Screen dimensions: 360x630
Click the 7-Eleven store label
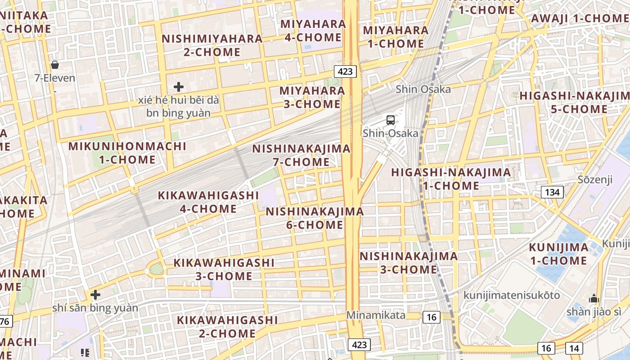[55, 78]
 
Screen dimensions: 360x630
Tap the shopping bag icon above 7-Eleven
[55, 65]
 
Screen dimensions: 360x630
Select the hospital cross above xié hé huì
[179, 86]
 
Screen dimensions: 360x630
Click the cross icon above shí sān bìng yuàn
[95, 295]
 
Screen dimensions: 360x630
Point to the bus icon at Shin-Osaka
[391, 120]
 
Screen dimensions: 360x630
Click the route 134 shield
[552, 193]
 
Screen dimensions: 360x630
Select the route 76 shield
[5, 322]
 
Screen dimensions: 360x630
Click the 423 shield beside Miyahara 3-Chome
[346, 71]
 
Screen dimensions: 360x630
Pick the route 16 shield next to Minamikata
[431, 317]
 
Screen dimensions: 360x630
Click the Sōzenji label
[595, 180]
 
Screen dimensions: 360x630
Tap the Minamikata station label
[376, 315]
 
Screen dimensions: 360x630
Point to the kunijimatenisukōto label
[512, 295]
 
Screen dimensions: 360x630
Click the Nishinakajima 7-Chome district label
[301, 155]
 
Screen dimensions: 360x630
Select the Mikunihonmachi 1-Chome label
[127, 153]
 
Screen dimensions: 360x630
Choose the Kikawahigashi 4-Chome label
[208, 202]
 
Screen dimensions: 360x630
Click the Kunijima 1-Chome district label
[558, 254]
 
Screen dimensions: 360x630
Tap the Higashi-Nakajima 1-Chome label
[451, 179]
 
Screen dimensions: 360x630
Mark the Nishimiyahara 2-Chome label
[212, 45]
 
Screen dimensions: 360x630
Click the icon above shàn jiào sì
[594, 299]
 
